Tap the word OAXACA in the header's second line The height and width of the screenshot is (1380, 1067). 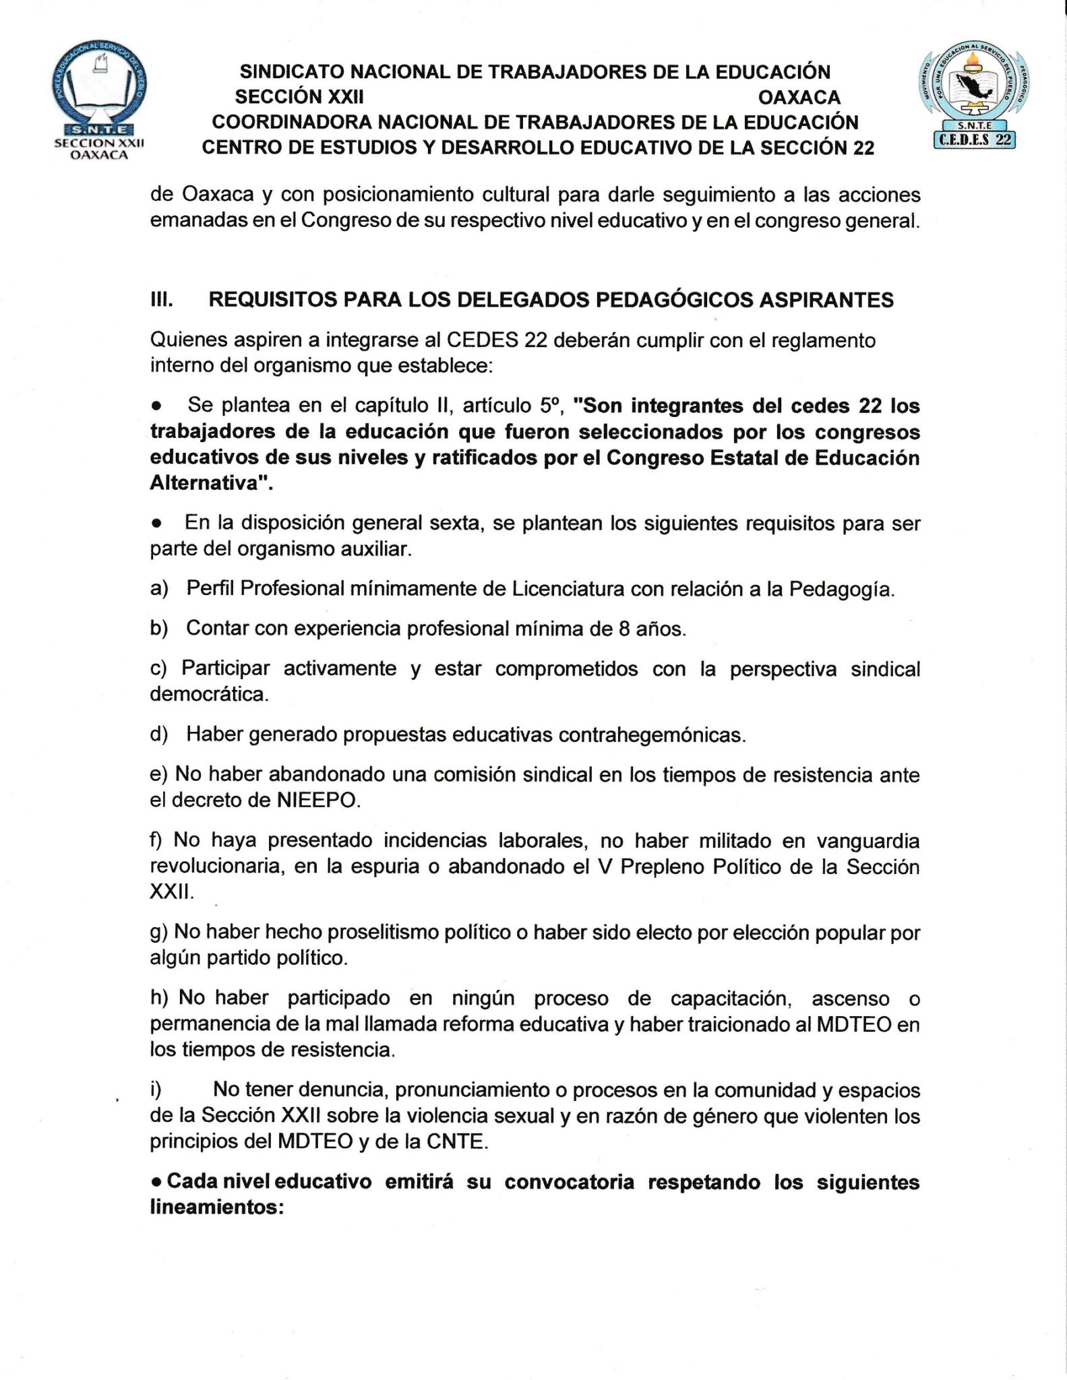(x=799, y=98)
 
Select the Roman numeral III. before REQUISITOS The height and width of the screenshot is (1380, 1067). (x=161, y=301)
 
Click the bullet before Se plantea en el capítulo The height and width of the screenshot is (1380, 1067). (x=156, y=406)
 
